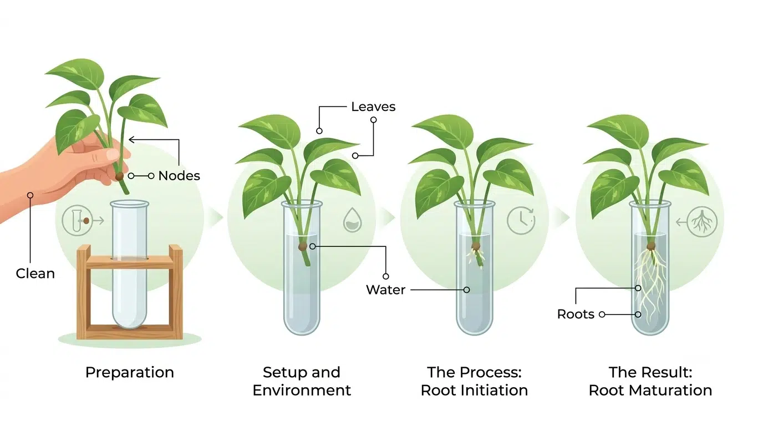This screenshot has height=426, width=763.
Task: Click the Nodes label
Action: click(179, 176)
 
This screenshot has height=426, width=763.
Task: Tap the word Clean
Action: click(35, 273)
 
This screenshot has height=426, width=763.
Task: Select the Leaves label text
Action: click(373, 106)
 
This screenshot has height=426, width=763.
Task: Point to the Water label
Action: click(385, 290)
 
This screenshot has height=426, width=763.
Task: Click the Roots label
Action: click(576, 314)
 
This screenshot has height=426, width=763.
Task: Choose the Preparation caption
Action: click(129, 373)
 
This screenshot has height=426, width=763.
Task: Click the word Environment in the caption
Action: click(302, 390)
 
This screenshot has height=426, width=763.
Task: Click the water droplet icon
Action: click(352, 220)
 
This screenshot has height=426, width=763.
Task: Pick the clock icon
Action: click(521, 220)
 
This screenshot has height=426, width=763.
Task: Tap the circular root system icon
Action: click(702, 222)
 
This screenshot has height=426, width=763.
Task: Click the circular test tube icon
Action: click(77, 221)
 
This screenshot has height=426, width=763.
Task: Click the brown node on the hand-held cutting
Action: click(119, 176)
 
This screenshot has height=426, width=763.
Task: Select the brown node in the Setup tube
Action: click(302, 247)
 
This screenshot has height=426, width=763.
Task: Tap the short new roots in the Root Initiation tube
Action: click(476, 257)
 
